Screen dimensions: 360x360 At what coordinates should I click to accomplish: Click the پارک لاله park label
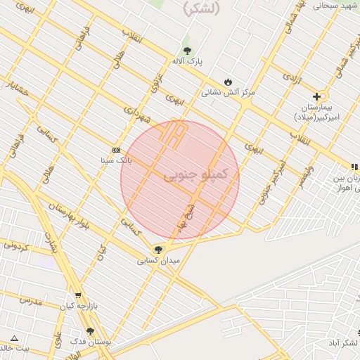(188, 62)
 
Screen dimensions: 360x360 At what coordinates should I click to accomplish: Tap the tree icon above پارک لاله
(187, 51)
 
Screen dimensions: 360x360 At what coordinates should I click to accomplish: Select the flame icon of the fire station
(227, 82)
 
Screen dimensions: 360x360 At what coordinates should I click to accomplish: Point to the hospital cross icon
(316, 96)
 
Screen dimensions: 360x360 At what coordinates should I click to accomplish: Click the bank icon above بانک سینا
(116, 150)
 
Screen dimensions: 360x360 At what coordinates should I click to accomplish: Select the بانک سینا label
(115, 160)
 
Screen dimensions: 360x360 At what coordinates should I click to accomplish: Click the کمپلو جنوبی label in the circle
(195, 174)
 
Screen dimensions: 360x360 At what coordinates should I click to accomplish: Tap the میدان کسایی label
(158, 260)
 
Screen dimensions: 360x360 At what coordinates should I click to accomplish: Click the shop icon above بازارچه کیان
(77, 295)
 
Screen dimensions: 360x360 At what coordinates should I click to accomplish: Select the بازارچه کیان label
(77, 306)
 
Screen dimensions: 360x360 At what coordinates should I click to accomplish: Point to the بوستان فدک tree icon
(90, 331)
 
